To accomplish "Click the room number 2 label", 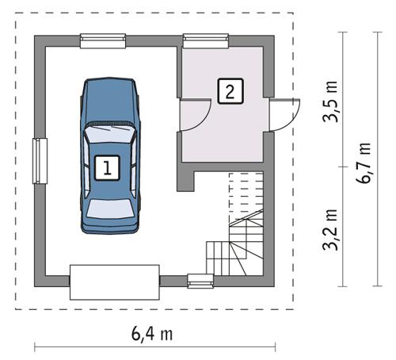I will (x=229, y=90).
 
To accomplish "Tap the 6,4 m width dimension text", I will (x=152, y=333).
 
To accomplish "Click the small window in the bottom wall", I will (x=199, y=280).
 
